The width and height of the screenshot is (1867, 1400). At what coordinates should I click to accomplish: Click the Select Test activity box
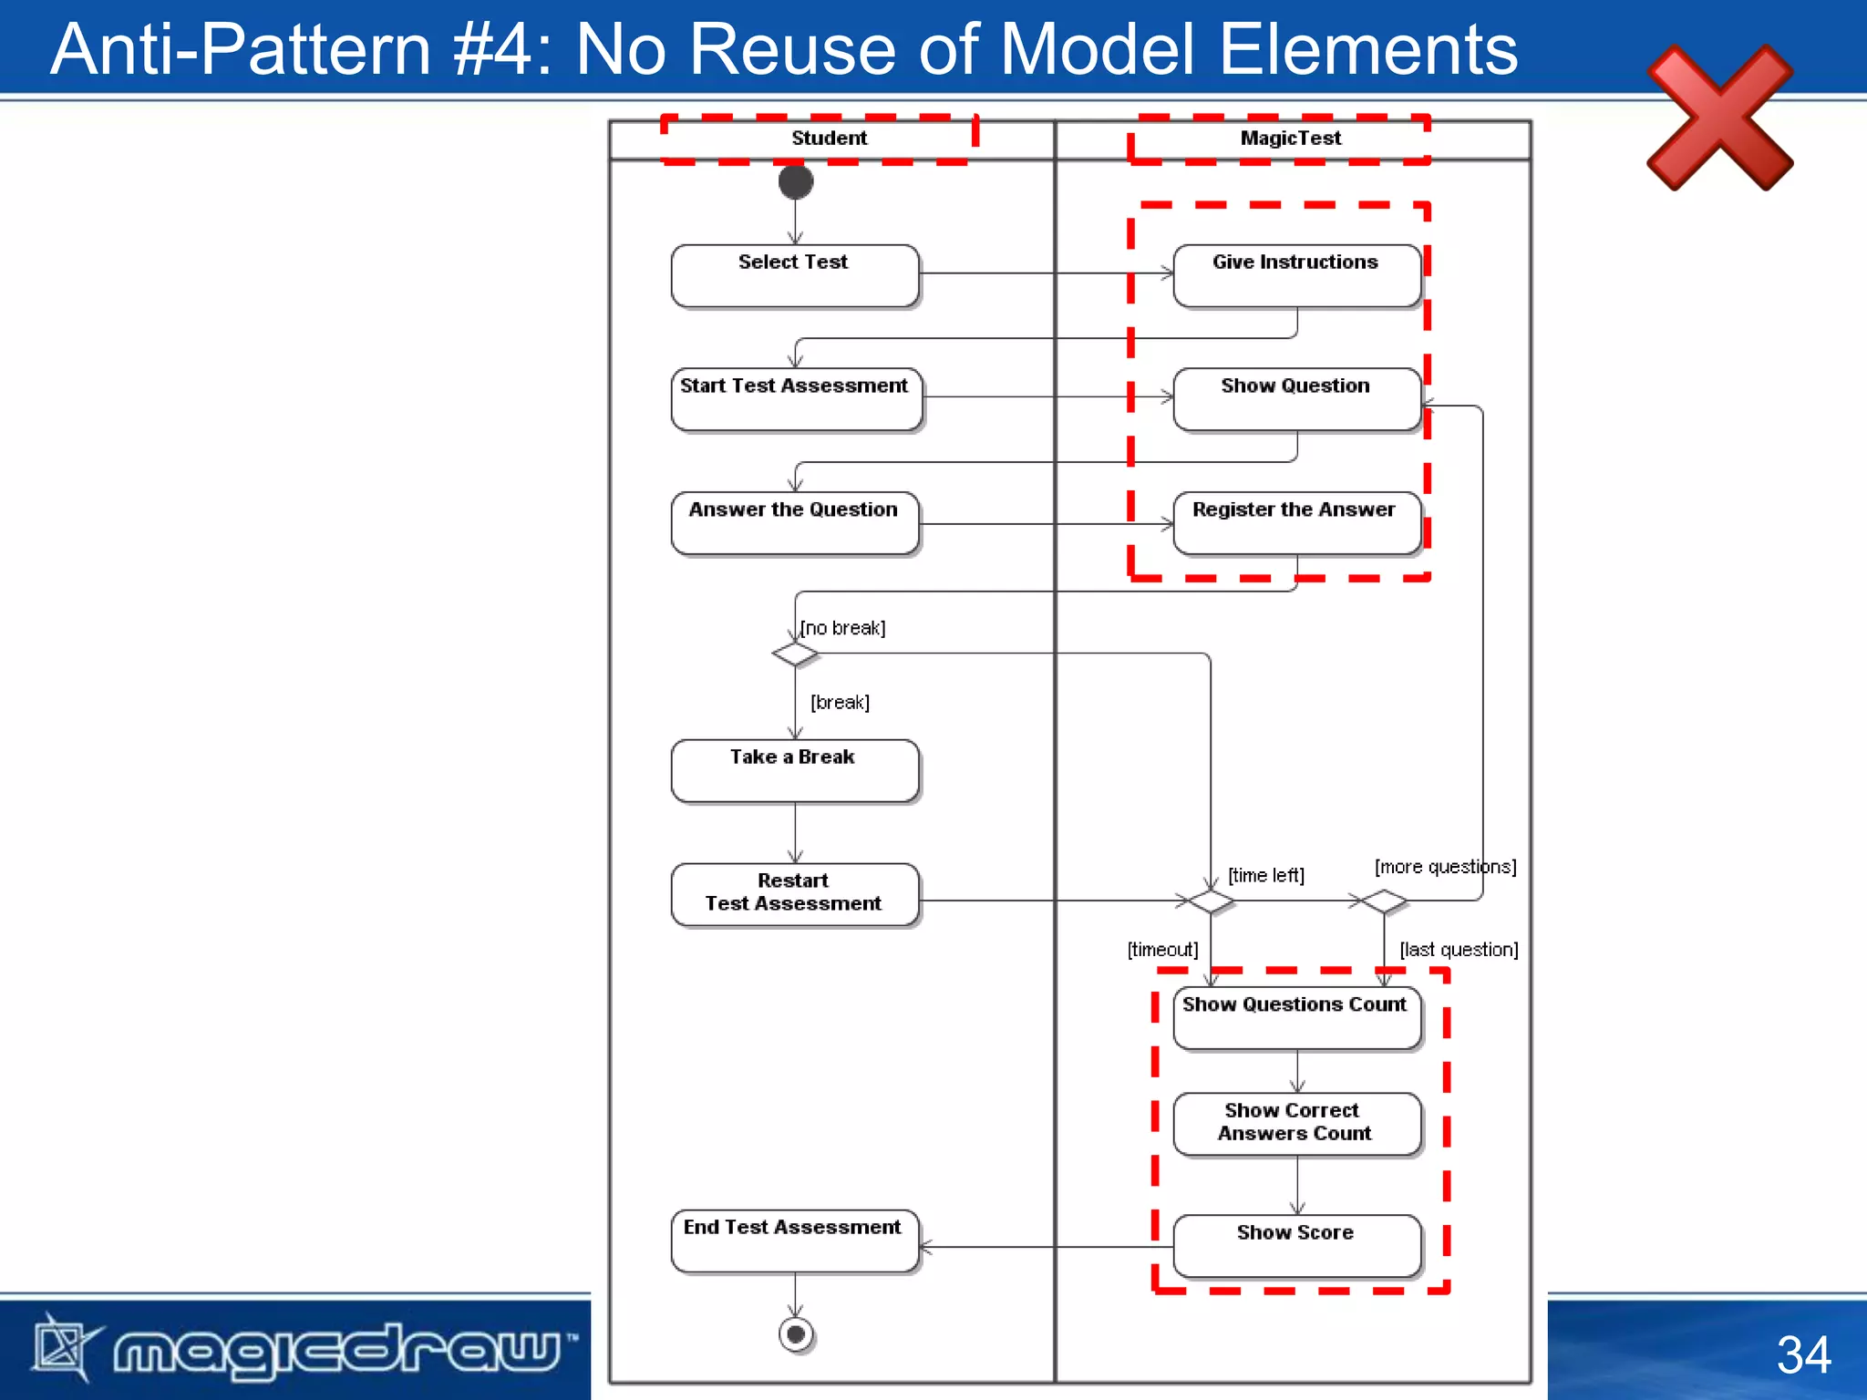tap(794, 275)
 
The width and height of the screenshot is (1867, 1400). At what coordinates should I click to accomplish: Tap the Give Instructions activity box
tap(1296, 275)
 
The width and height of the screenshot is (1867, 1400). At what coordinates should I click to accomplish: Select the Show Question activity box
tap(1296, 399)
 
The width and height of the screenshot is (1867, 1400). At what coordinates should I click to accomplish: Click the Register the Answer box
tap(1296, 523)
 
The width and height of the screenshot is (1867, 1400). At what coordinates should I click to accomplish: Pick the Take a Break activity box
tap(794, 770)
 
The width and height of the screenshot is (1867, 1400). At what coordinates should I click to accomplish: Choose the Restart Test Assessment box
tap(794, 894)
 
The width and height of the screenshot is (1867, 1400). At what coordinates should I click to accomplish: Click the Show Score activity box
tap(1296, 1245)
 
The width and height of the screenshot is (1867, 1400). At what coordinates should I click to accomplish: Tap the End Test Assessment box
tap(794, 1240)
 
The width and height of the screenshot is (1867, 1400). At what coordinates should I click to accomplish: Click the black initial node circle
tap(796, 181)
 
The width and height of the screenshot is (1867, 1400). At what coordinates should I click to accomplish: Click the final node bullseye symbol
tap(796, 1334)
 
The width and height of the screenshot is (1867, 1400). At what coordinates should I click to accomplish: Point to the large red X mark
tap(1719, 118)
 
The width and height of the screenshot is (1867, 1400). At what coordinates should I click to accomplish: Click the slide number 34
tap(1803, 1354)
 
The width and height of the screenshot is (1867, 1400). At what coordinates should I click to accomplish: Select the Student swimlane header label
tap(829, 139)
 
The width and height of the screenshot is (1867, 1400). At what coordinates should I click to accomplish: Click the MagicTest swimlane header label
tap(1290, 139)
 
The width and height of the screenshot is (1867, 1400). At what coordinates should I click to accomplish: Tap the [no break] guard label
tap(843, 628)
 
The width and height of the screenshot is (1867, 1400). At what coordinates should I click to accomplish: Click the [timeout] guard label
tap(1162, 950)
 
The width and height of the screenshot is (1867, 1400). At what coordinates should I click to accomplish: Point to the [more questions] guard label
tap(1445, 867)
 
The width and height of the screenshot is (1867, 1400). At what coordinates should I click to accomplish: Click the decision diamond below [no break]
tap(795, 654)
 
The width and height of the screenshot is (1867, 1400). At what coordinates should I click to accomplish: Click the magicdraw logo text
tap(337, 1349)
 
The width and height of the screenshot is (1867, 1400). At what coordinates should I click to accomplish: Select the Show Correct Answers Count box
tap(1296, 1123)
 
